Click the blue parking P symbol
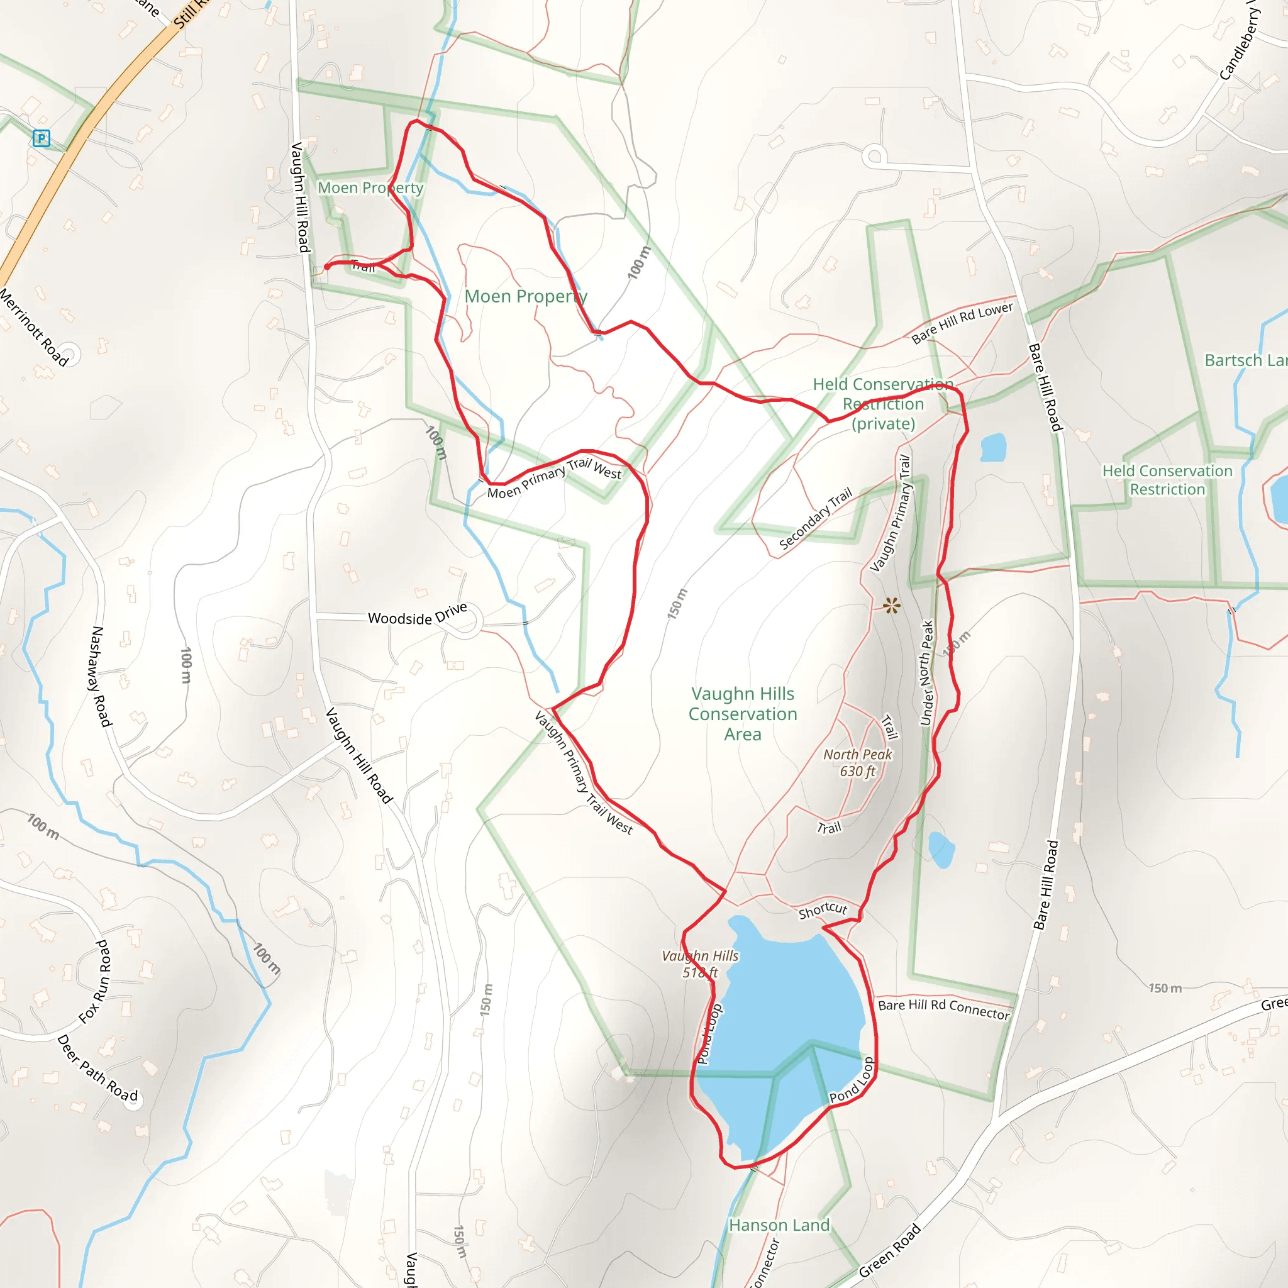tap(42, 138)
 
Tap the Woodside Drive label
tap(418, 615)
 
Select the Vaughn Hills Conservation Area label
tap(743, 714)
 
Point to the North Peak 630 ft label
tap(857, 763)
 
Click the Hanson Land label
tap(779, 1225)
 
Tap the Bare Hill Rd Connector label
tap(943, 1009)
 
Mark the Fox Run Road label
tap(96, 982)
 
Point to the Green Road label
tap(889, 1251)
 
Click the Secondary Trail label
tap(814, 519)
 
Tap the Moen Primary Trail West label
tap(554, 478)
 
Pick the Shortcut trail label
tap(823, 910)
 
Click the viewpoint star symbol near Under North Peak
tap(891, 606)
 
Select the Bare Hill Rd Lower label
tap(962, 323)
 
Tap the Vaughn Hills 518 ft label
tap(700, 964)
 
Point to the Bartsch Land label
tap(1245, 360)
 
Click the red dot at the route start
tap(326, 267)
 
